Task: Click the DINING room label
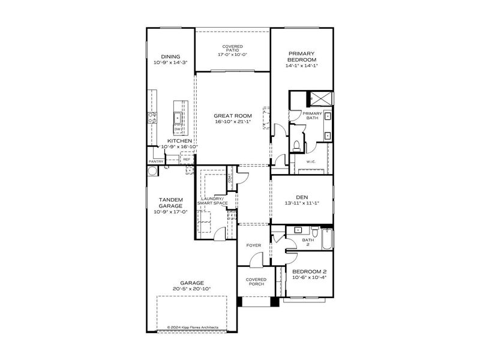click(170, 56)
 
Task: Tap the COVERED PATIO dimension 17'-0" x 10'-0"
click(232, 55)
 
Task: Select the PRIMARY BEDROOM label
click(302, 56)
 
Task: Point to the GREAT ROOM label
click(233, 115)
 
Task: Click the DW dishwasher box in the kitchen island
click(178, 129)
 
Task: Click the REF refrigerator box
click(187, 159)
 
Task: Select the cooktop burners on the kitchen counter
click(153, 118)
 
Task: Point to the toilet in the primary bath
click(297, 145)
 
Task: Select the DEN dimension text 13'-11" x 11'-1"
click(302, 203)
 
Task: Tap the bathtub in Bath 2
click(328, 239)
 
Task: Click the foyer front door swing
click(256, 259)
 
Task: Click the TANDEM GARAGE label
click(170, 202)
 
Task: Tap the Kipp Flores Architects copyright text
click(193, 328)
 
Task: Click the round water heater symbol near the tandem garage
click(151, 170)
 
